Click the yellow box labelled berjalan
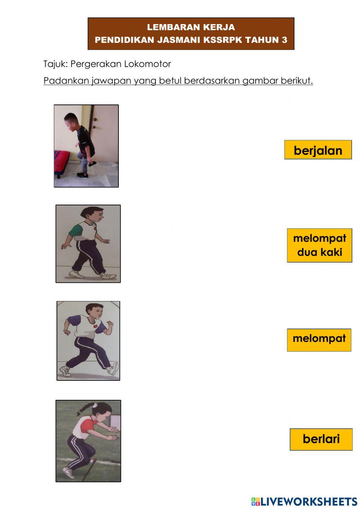tap(318, 150)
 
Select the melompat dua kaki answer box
tap(319, 245)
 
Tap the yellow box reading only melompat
tap(319, 339)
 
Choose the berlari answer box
tap(321, 439)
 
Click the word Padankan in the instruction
tap(66, 81)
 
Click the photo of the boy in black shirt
tap(86, 146)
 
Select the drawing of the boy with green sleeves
tap(88, 244)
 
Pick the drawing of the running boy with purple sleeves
tap(88, 340)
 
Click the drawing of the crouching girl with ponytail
tap(88, 441)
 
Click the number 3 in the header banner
tap(284, 40)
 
